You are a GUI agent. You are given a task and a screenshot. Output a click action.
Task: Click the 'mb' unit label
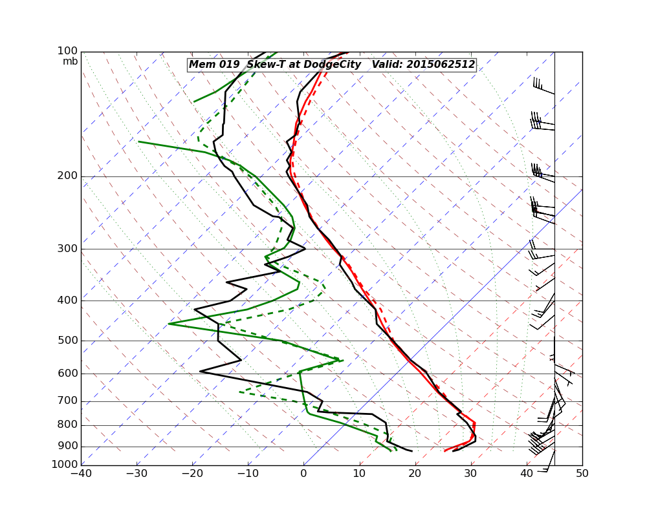tap(71, 61)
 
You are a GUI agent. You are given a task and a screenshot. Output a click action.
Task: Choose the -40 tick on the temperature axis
tap(81, 474)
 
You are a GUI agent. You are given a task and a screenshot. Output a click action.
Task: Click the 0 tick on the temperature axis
tap(303, 474)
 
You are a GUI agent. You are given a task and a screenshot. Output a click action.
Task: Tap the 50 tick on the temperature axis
tap(582, 474)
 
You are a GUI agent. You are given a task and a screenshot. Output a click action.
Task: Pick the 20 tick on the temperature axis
tap(415, 474)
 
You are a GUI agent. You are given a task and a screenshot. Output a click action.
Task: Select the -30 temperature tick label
tap(137, 474)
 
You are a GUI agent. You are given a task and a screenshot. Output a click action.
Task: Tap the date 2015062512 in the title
tap(441, 65)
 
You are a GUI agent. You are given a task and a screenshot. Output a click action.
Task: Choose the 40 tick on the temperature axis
tap(527, 474)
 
